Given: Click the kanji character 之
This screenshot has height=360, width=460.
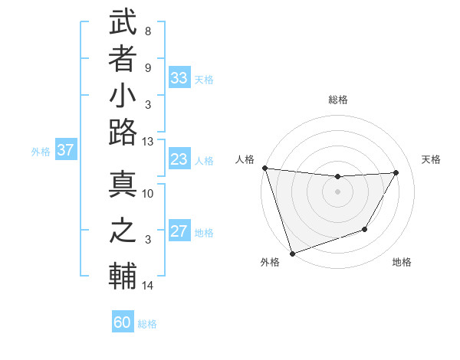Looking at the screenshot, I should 123,230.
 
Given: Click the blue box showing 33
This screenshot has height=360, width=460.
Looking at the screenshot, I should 179,78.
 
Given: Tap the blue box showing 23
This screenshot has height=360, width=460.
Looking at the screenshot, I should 179,160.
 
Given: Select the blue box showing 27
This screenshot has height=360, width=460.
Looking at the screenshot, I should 179,232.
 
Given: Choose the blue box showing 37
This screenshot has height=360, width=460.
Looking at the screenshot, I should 66,150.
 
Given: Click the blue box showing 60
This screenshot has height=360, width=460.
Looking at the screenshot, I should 123,322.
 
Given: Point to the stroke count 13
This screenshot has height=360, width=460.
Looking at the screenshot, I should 148,142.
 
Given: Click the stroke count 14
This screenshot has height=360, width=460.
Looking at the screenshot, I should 148,286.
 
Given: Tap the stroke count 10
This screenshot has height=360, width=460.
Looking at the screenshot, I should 148,193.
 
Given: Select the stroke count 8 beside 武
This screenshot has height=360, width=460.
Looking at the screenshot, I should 148,31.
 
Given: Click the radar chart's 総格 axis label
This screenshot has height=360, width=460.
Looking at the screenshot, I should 337,100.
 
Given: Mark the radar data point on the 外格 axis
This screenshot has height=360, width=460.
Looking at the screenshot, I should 292,254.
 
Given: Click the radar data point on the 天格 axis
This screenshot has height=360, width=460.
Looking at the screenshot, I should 396,172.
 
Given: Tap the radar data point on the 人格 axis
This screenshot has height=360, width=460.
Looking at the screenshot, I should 264,168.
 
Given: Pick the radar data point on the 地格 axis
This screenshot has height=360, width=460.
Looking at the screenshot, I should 365,229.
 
